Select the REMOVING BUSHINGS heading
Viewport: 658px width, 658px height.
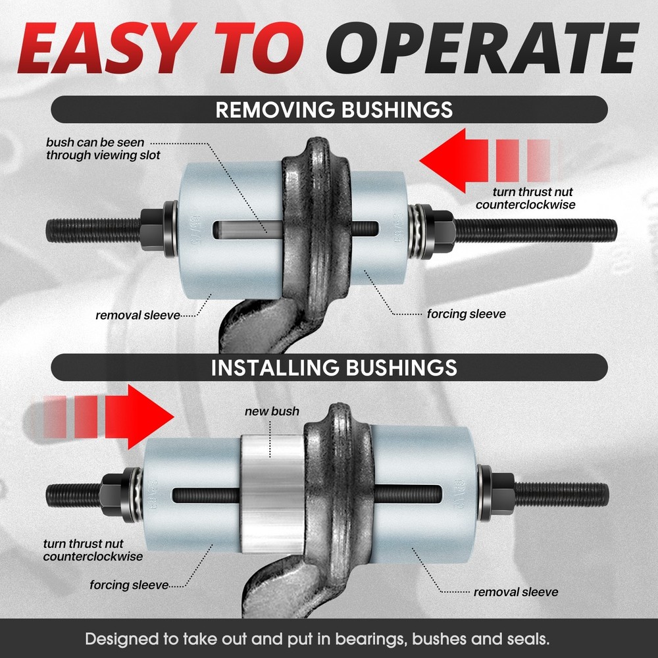pos(334,109)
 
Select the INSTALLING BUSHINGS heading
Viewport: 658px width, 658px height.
pos(334,367)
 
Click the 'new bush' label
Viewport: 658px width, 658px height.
pos(272,411)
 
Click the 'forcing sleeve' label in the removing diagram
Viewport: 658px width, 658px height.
pos(466,314)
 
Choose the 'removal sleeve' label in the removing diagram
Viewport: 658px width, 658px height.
pos(138,315)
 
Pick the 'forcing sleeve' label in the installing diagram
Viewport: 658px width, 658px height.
pos(130,584)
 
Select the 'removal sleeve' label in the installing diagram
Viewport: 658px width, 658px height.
pos(516,592)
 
